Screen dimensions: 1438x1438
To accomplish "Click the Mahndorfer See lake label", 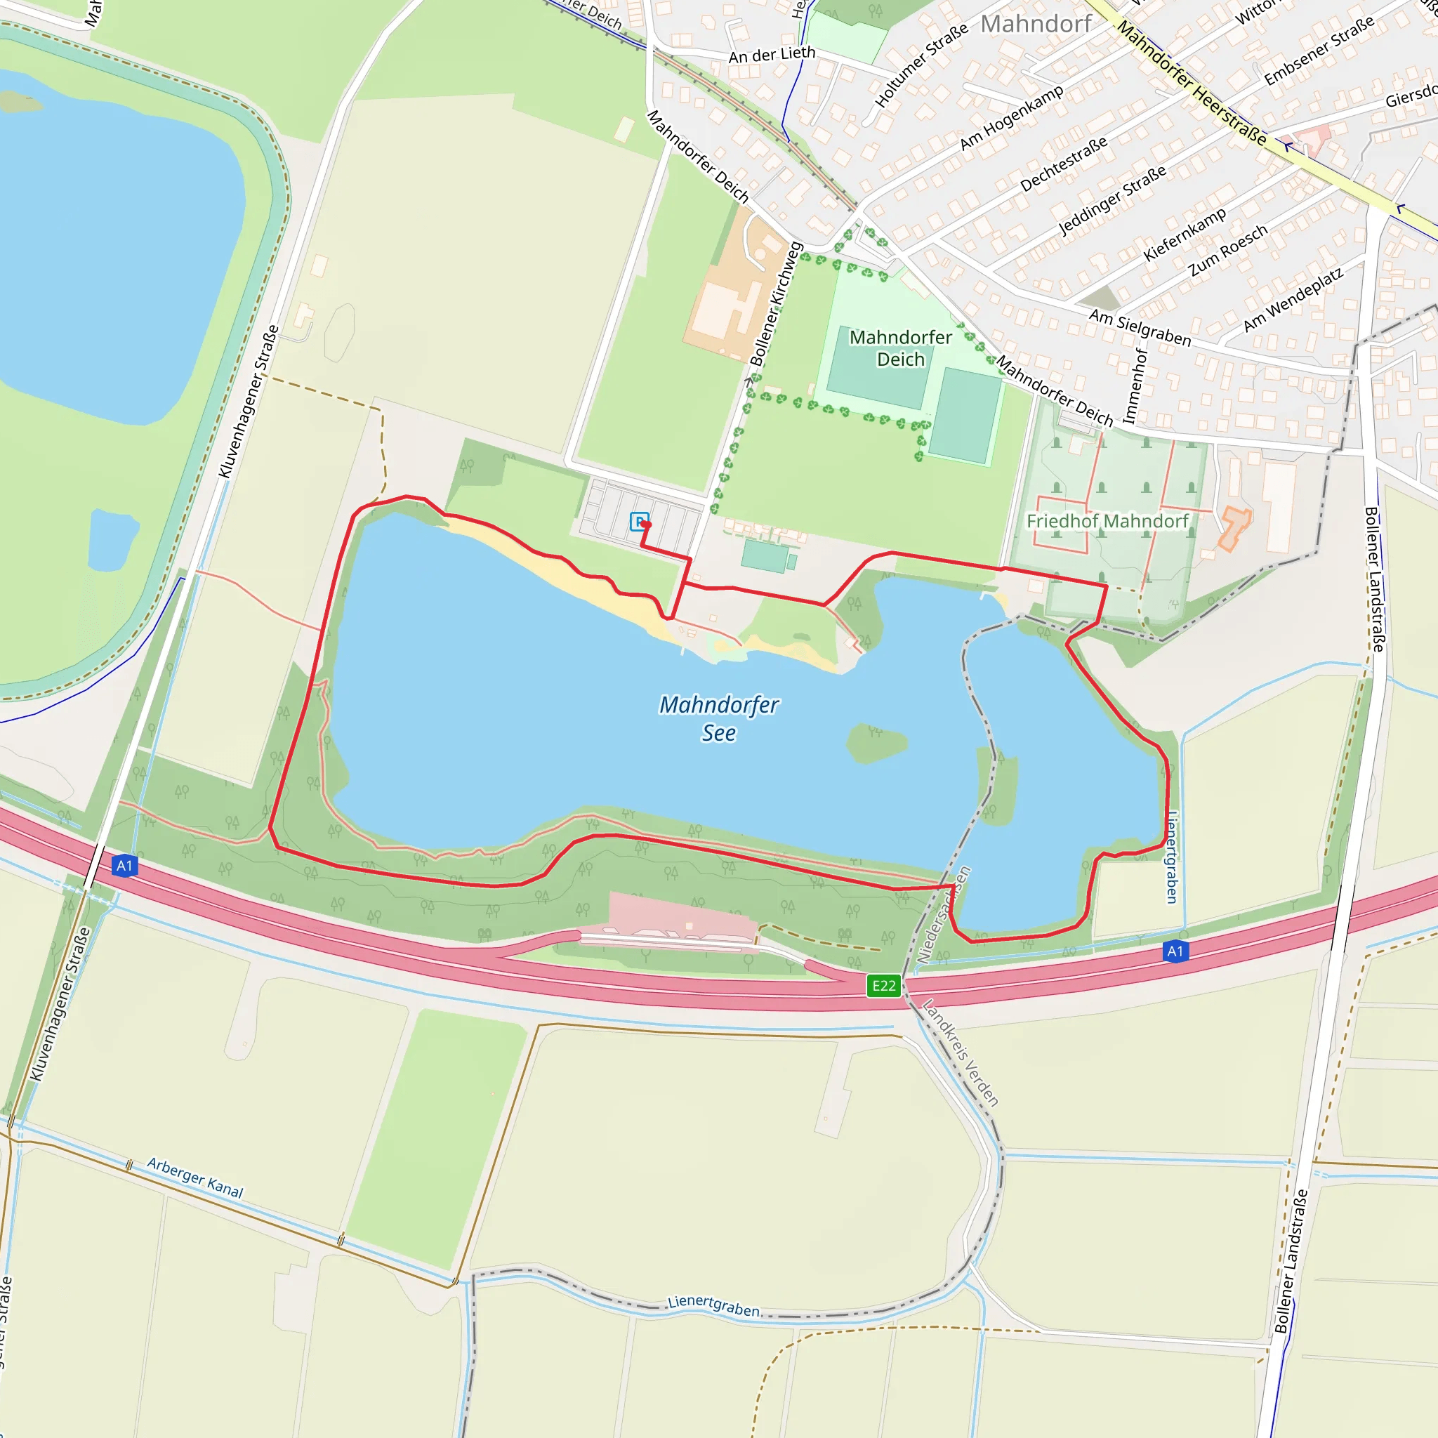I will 718,718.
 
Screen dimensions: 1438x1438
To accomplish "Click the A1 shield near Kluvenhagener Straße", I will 124,866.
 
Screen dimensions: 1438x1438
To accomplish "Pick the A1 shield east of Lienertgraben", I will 1175,951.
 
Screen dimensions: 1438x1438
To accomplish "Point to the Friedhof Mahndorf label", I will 1107,521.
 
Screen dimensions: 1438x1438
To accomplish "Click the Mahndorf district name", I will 1036,24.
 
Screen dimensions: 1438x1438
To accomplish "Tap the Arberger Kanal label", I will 195,1178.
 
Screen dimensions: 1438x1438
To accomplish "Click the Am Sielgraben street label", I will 1140,327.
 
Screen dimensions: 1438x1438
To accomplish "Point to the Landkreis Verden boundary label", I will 960,1053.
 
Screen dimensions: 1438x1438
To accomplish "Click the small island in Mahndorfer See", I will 877,742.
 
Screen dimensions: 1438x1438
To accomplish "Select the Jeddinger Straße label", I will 1112,200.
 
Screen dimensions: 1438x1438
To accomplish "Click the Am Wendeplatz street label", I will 1293,299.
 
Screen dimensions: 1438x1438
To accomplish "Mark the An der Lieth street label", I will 772,55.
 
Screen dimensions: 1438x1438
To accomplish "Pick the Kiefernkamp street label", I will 1185,235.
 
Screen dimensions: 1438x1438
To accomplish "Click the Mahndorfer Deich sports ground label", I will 901,348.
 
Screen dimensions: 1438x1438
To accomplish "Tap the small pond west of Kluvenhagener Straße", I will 112,540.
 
